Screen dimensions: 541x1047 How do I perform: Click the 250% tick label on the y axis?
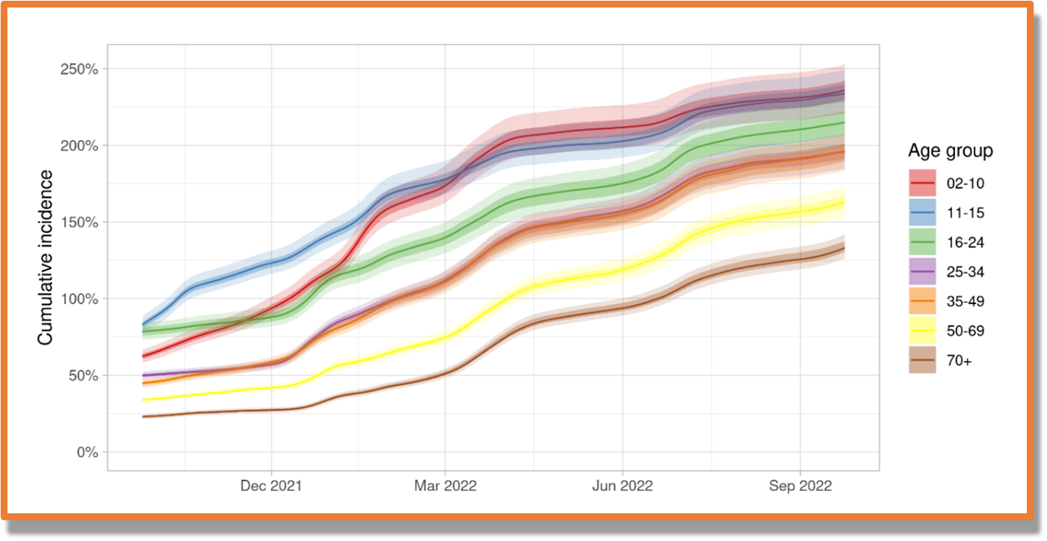80,69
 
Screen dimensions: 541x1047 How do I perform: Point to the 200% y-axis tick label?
80,145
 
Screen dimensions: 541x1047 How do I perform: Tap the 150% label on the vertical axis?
80,223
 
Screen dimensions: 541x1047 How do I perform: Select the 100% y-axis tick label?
80,299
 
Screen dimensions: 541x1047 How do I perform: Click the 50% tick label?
83,375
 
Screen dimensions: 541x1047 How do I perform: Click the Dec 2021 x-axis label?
271,486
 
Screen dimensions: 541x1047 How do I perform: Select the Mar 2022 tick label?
445,486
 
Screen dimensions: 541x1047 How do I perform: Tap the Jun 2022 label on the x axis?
622,486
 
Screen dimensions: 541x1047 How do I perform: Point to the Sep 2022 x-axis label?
801,486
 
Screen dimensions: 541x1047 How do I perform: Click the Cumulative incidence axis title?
46,257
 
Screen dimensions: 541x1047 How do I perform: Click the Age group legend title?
950,151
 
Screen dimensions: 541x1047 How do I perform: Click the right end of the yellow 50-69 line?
844,202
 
